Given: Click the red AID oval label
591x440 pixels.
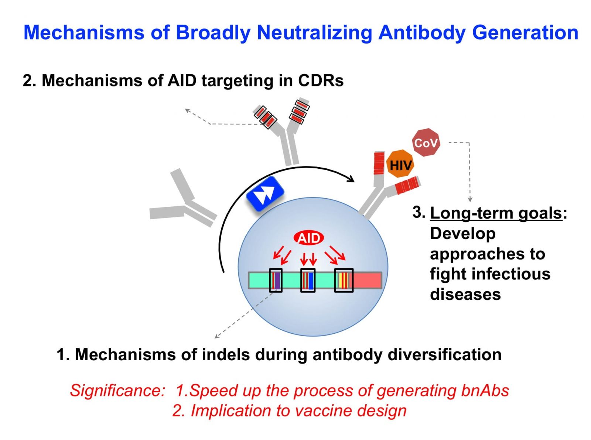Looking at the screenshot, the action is (x=308, y=238).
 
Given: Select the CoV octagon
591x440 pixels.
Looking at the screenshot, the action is (x=426, y=143).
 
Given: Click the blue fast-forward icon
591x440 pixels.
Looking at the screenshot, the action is (x=265, y=194).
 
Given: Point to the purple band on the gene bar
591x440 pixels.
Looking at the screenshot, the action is (x=277, y=280).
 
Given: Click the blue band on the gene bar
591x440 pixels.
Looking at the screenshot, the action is (x=310, y=280).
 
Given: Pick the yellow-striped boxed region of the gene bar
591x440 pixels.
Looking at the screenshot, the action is (x=344, y=280).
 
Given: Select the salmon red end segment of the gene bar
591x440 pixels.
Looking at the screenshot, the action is (x=368, y=280).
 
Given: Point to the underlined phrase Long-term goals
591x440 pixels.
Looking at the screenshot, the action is (x=496, y=213).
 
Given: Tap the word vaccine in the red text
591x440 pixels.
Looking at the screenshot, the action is (x=324, y=411).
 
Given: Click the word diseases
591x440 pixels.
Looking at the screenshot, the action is (x=465, y=294).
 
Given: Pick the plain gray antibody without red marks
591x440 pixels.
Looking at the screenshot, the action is (x=183, y=199).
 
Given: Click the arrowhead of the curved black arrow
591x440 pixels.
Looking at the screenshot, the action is (x=351, y=179).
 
